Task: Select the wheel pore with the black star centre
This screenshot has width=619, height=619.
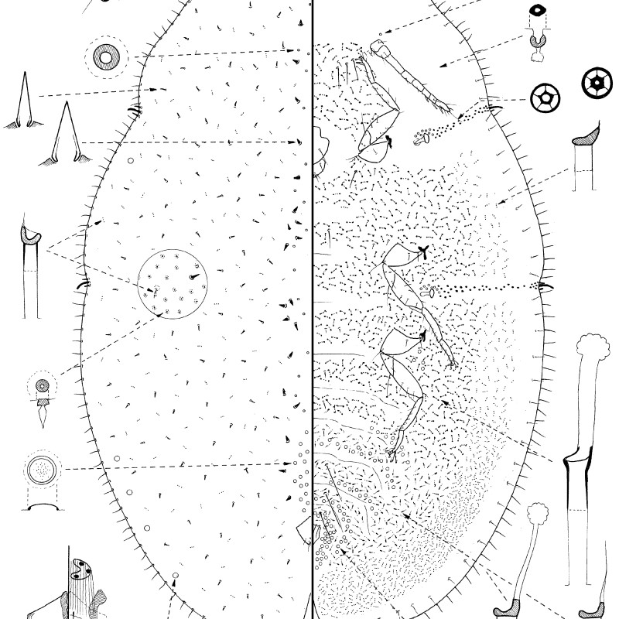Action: tap(597, 80)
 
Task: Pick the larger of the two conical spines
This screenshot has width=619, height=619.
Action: tap(67, 135)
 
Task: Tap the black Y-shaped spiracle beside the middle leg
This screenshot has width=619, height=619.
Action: tap(423, 250)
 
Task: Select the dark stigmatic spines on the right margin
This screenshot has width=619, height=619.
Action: tap(545, 287)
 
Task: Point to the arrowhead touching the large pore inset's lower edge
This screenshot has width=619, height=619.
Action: tap(159, 314)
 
